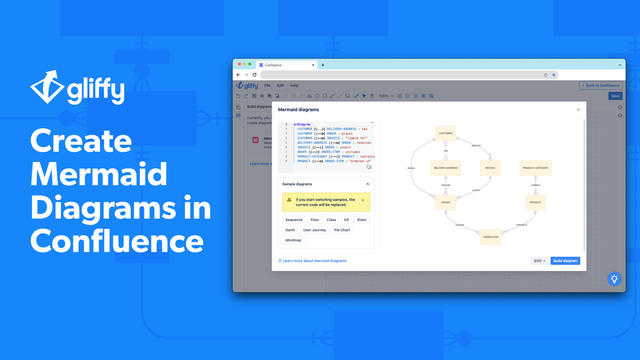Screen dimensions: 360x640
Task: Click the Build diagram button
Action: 565,261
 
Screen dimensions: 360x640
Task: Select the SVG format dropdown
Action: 539,261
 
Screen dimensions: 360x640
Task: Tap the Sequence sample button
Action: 294,220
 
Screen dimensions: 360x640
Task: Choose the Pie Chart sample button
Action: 342,230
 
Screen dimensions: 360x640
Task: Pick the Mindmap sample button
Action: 293,240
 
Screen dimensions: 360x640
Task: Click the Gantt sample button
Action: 290,230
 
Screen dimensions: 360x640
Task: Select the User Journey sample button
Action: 315,230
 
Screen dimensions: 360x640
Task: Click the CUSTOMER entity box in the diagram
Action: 446,133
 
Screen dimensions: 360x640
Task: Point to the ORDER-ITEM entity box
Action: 491,237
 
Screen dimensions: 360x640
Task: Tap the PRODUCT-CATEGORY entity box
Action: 536,168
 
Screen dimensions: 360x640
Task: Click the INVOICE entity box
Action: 490,168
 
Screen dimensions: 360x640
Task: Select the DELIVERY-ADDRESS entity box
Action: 446,168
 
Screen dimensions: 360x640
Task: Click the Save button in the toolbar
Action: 615,96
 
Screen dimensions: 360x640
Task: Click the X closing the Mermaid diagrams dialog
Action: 578,110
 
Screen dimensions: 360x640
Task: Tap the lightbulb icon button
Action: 614,279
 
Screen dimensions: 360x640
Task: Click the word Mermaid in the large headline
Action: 99,175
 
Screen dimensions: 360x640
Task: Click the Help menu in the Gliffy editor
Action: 294,85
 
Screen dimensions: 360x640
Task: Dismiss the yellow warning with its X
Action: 363,200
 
